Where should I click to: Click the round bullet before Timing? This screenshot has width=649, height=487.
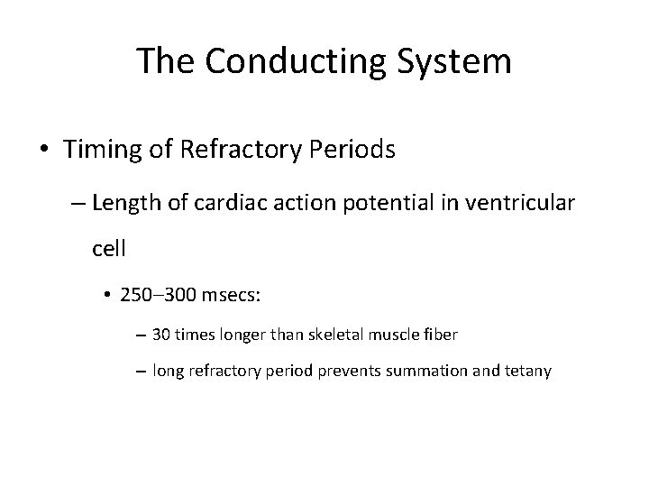point(45,150)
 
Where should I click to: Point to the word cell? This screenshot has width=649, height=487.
point(108,248)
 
